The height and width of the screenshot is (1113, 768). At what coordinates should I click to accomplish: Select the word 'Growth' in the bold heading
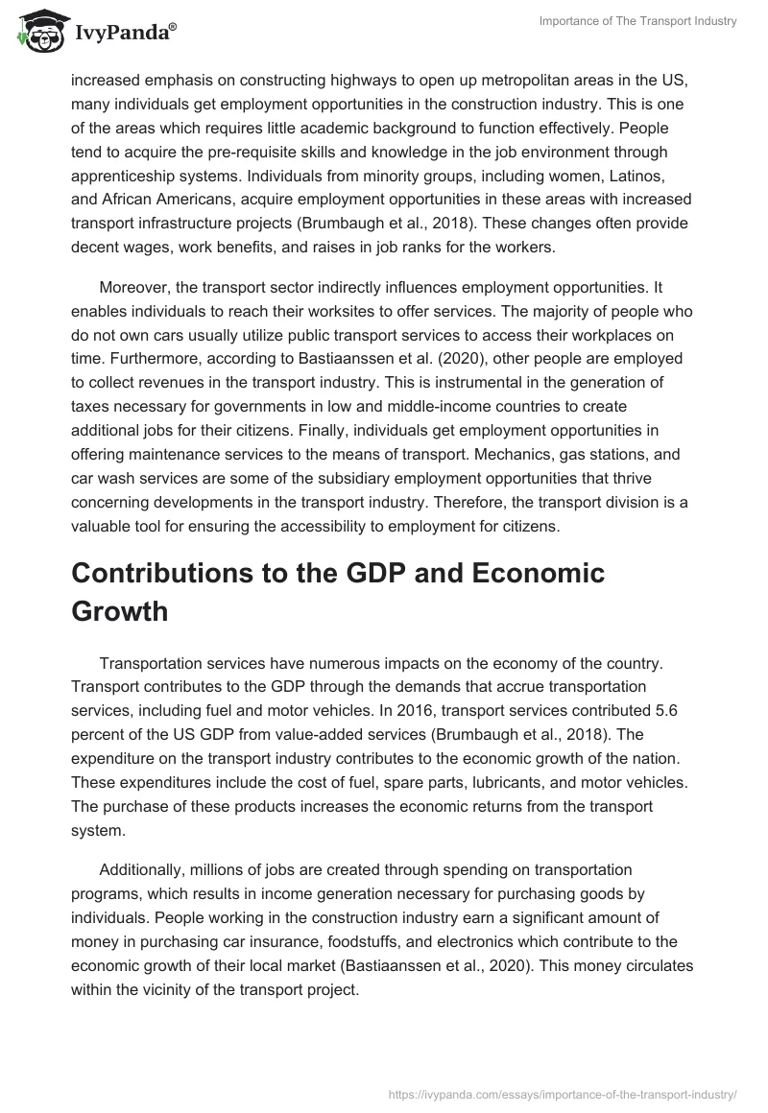pos(120,611)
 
